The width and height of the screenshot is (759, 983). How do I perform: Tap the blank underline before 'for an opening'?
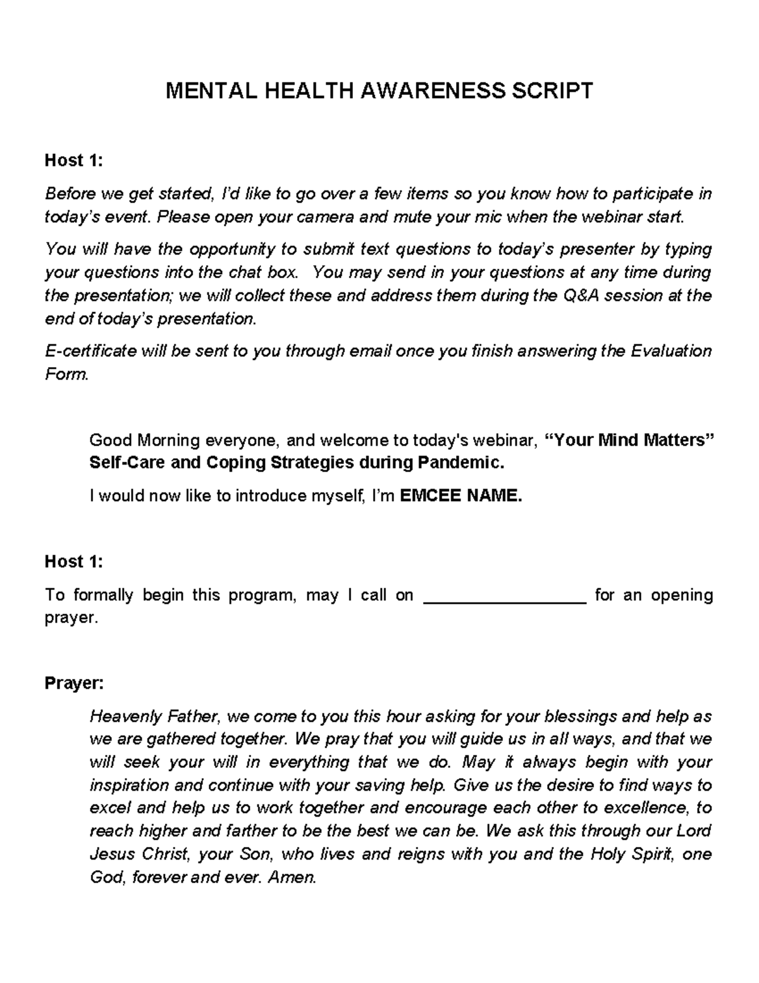point(504,596)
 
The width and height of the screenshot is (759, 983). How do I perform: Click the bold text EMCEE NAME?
point(462,496)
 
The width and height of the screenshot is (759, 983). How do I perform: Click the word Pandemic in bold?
point(460,463)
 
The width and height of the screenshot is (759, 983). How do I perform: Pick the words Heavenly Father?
point(155,717)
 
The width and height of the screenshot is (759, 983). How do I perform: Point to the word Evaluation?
point(670,351)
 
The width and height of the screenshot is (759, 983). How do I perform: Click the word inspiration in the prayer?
point(129,786)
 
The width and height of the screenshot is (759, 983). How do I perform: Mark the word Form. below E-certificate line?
point(66,374)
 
